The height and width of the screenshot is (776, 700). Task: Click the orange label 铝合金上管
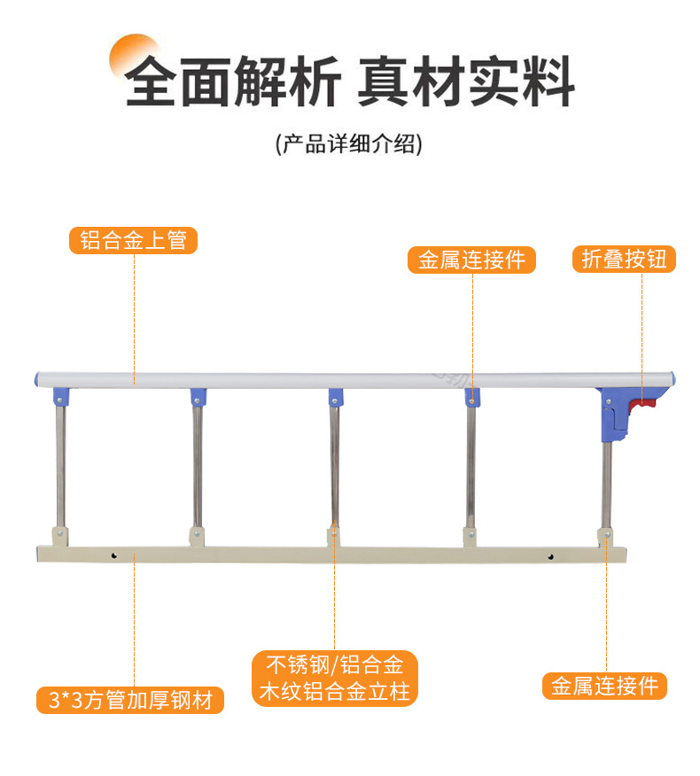133,240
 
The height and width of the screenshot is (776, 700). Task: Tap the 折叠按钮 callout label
624,259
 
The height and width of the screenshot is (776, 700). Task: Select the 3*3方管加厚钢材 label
130,700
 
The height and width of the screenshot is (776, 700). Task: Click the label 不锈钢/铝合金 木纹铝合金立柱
334,679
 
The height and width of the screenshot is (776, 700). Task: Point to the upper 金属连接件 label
471,260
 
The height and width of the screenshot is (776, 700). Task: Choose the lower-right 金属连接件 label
604,686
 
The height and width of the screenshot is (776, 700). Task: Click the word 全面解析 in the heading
232,82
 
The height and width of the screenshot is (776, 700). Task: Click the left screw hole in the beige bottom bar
115,557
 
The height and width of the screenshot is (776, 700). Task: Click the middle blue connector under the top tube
336,395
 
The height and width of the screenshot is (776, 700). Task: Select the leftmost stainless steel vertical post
59,465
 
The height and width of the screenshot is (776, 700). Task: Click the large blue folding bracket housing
615,413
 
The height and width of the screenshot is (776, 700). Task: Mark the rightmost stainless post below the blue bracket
607,487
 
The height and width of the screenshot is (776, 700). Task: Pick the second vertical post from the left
197,465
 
